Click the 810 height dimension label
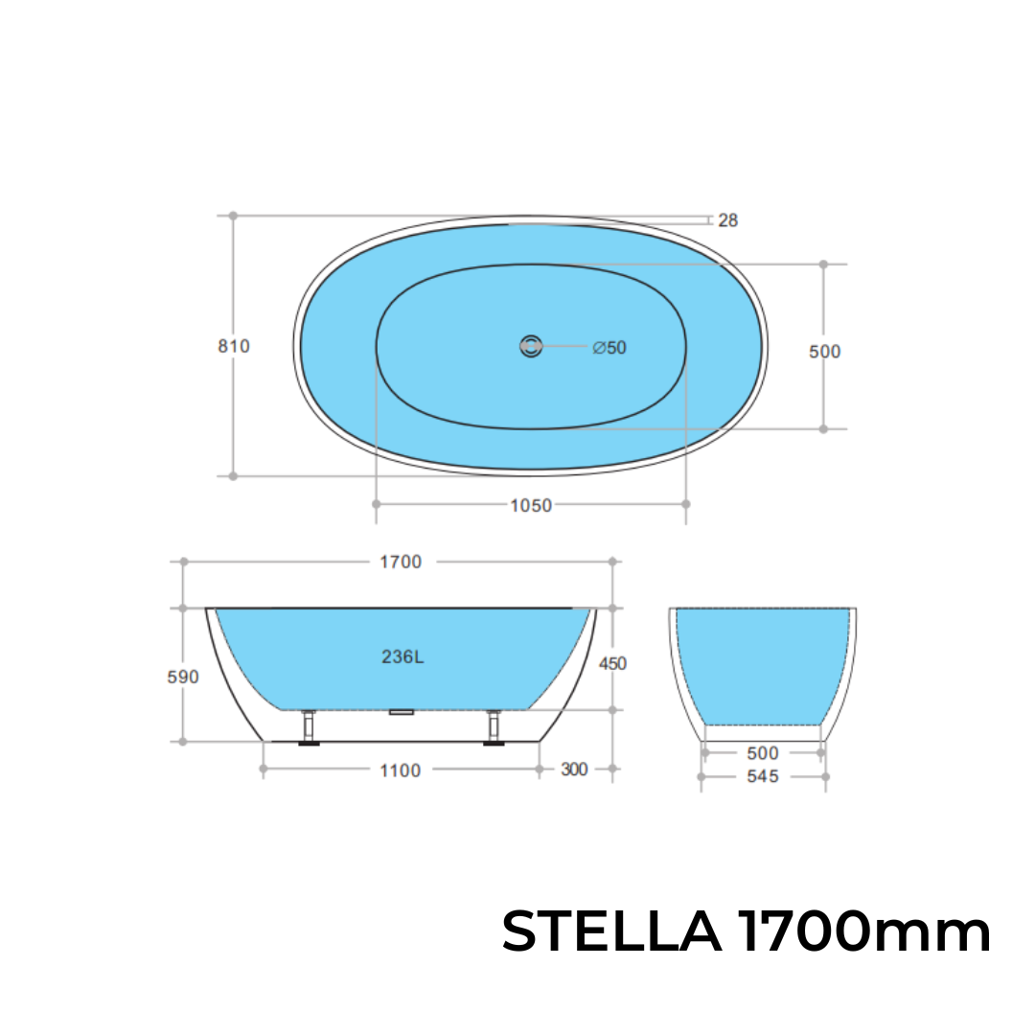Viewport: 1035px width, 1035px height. coord(233,346)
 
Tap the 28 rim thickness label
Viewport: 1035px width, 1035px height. coord(727,220)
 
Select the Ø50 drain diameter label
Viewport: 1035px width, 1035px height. coord(609,347)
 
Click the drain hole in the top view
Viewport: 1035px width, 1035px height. coord(531,346)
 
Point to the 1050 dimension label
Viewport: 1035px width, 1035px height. coord(530,505)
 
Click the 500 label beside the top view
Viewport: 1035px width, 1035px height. coord(824,352)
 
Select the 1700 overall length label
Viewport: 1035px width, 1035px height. coord(401,563)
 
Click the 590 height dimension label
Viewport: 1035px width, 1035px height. coord(183,678)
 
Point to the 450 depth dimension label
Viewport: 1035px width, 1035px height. coord(613,663)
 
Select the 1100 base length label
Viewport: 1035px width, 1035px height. coord(401,770)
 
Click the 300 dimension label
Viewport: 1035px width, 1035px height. coord(574,770)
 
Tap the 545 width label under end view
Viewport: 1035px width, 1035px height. coord(763,777)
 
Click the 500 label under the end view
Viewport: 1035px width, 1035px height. coord(763,754)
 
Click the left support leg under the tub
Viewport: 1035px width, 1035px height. coord(310,728)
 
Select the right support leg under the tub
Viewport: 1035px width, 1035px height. coord(494,728)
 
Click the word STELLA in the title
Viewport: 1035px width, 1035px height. coord(611,931)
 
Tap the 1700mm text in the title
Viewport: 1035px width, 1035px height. coord(864,931)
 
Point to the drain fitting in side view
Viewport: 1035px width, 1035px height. coord(401,712)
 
